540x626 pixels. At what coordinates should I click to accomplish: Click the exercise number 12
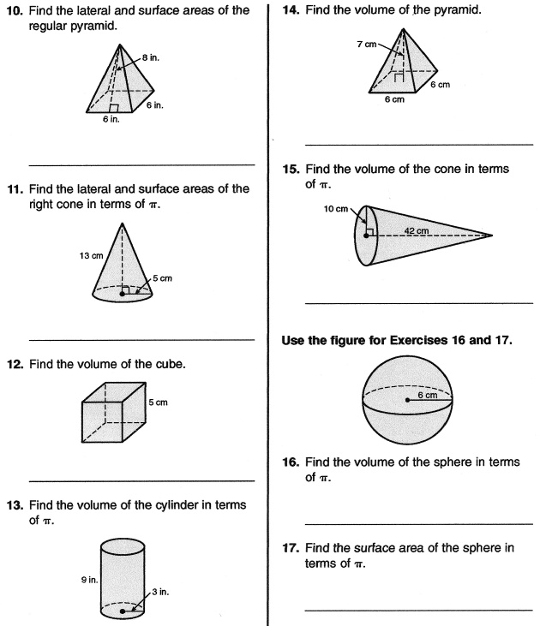[x=18, y=364]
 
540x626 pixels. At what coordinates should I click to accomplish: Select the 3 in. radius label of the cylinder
[x=162, y=592]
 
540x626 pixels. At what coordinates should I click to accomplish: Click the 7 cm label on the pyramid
[x=367, y=44]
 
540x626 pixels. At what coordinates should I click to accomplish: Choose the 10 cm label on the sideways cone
[x=336, y=209]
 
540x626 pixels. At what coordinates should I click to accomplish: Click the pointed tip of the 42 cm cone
[x=492, y=234]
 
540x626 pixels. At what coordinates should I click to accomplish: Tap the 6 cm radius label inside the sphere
[x=427, y=395]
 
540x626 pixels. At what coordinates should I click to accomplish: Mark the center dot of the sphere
[x=406, y=400]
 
